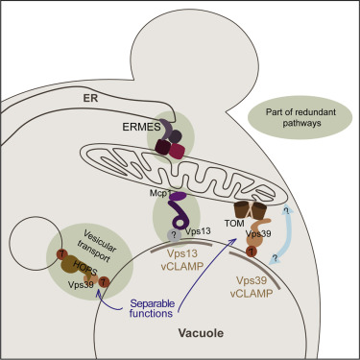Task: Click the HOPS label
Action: (x=74, y=258)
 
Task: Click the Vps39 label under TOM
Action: (x=267, y=232)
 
